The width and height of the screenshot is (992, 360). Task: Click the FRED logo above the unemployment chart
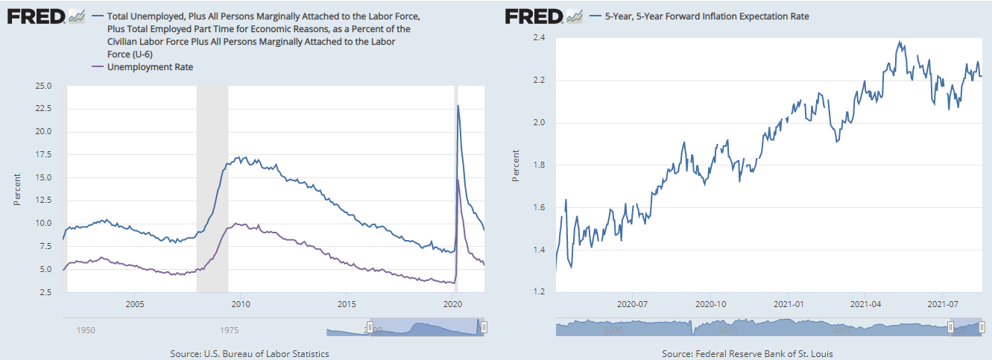pyautogui.click(x=35, y=16)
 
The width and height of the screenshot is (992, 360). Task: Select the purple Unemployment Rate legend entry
pyautogui.click(x=151, y=67)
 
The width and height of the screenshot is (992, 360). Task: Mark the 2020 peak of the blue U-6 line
pyautogui.click(x=457, y=106)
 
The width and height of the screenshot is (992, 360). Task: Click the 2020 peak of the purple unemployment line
pyautogui.click(x=457, y=180)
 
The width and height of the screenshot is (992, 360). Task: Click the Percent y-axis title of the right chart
pyautogui.click(x=515, y=165)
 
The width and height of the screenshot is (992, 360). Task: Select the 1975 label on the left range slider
pyautogui.click(x=229, y=329)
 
